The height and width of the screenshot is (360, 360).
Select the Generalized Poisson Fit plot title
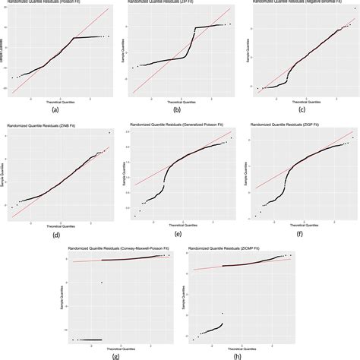(x=176, y=125)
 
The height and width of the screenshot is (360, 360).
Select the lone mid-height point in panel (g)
(x=102, y=283)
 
